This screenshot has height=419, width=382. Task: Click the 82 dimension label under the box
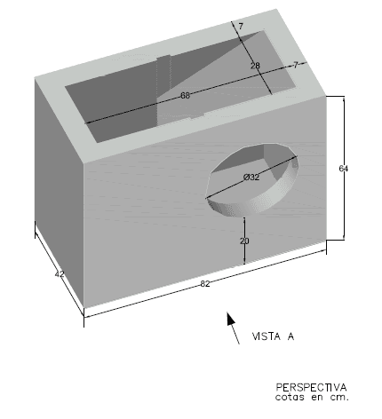(205, 284)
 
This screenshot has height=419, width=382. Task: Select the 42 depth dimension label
(60, 274)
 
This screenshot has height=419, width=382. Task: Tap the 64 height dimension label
(343, 169)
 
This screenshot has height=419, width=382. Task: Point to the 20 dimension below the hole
(244, 241)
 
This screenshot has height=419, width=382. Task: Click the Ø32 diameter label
(251, 178)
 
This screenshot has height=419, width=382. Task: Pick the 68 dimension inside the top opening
(185, 95)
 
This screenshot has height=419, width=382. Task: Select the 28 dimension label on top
(255, 66)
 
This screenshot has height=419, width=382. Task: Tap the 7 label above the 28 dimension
(241, 27)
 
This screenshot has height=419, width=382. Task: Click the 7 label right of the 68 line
(296, 65)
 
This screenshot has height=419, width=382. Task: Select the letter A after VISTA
(290, 336)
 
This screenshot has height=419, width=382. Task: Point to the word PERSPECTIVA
(311, 387)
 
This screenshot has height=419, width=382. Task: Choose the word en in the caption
(317, 398)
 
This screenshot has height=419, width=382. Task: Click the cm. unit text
(339, 398)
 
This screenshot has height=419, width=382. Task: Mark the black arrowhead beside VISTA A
(231, 319)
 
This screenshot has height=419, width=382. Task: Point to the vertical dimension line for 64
(344, 168)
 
